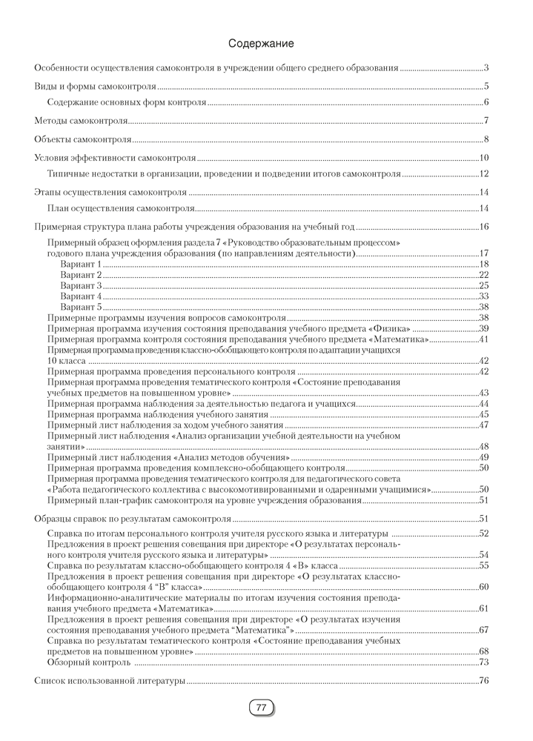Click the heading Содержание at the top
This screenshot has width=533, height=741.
point(261,44)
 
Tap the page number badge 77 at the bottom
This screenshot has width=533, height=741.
point(261,708)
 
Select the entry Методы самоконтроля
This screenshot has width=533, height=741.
point(82,121)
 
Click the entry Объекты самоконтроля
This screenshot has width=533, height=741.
point(83,139)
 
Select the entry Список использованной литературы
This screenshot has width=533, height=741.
point(110,680)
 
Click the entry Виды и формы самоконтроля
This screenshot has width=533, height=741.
point(96,86)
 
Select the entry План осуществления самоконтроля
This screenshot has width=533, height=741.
point(116,208)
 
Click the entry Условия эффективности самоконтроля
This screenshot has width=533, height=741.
point(116,157)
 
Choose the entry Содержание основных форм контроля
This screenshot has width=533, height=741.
point(126,102)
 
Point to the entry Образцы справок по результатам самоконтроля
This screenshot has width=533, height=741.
point(134,519)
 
